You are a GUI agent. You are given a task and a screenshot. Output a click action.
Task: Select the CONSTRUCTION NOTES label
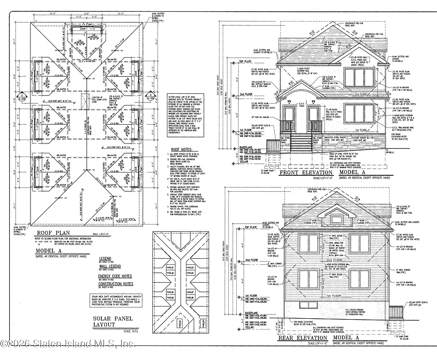pyautogui.click(x=115, y=284)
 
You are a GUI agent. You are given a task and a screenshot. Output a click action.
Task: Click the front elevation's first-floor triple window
pyautogui.click(x=358, y=113)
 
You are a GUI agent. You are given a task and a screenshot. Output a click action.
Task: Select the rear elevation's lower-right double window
pyautogui.click(x=359, y=279)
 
